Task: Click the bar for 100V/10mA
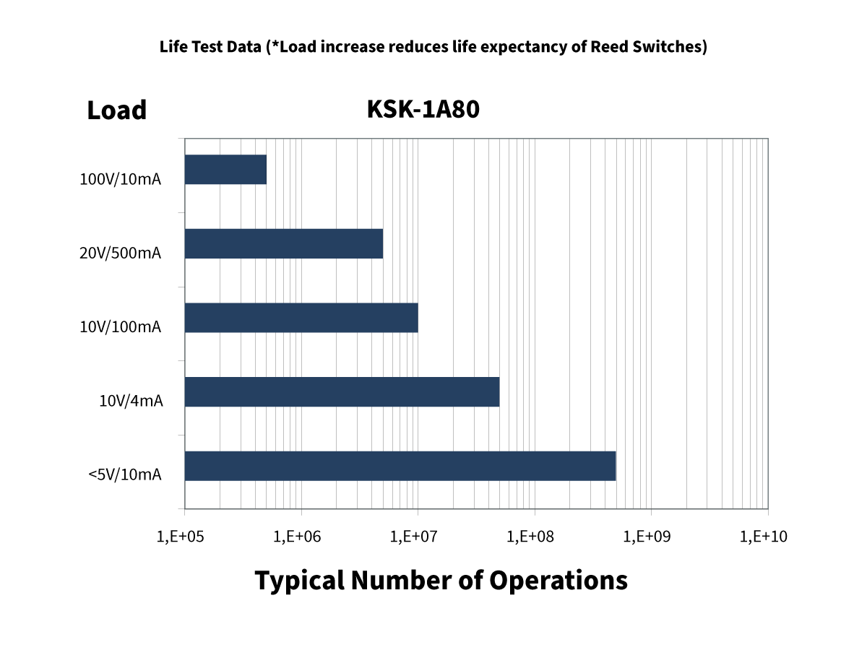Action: [225, 170]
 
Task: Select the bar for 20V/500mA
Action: [284, 243]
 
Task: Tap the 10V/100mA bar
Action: [301, 318]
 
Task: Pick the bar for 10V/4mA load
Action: [342, 391]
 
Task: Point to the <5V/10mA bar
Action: [400, 466]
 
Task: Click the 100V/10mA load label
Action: [121, 179]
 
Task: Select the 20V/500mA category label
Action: [121, 253]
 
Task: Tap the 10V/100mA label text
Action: [121, 327]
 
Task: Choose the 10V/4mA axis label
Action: [131, 401]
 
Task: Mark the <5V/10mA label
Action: [125, 474]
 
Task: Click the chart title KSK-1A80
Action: [423, 110]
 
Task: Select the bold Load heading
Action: [117, 110]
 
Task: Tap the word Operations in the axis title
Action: [558, 580]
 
